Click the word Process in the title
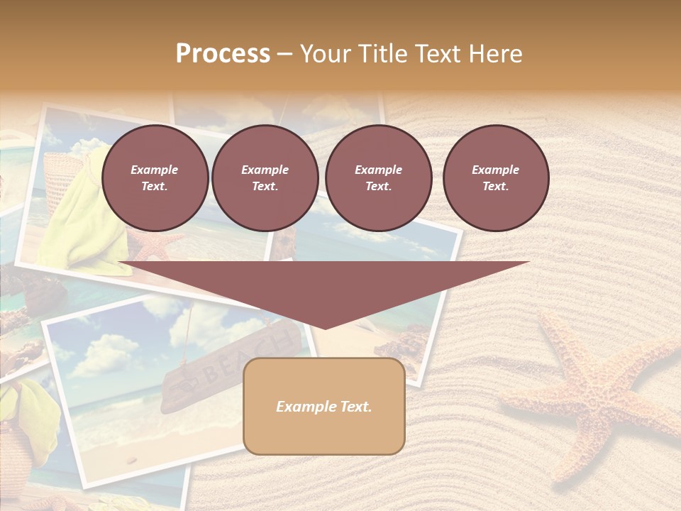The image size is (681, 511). click(x=223, y=54)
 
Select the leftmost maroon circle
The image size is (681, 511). click(x=155, y=178)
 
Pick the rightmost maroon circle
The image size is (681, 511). click(x=496, y=178)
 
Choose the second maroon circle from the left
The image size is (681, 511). click(x=265, y=178)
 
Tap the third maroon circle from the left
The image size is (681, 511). click(x=378, y=178)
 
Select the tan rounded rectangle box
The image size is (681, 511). click(x=324, y=406)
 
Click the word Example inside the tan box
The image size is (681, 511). click(x=304, y=407)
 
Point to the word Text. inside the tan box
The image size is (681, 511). click(x=355, y=407)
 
